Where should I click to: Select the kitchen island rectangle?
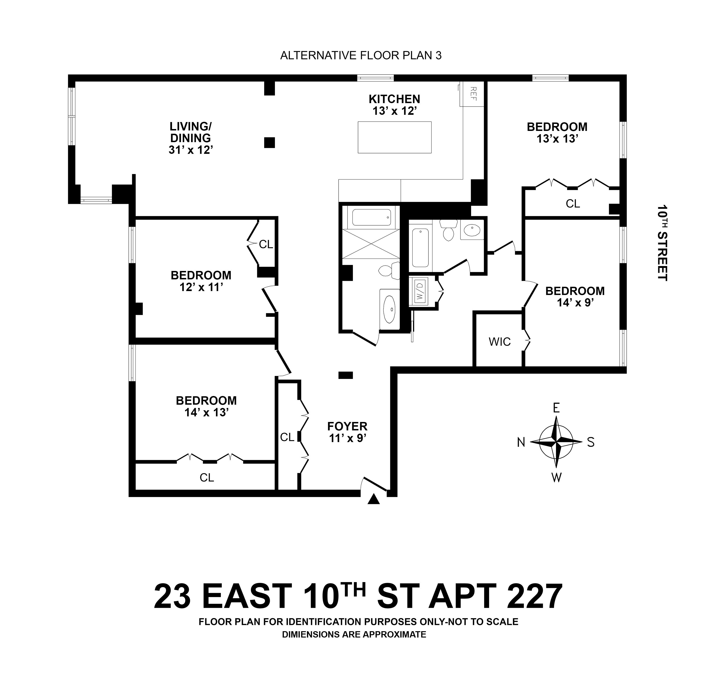395,137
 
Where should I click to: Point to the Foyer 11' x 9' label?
347,432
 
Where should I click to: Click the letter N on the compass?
521,443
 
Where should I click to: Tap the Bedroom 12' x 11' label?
201,281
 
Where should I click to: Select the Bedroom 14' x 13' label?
206,406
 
